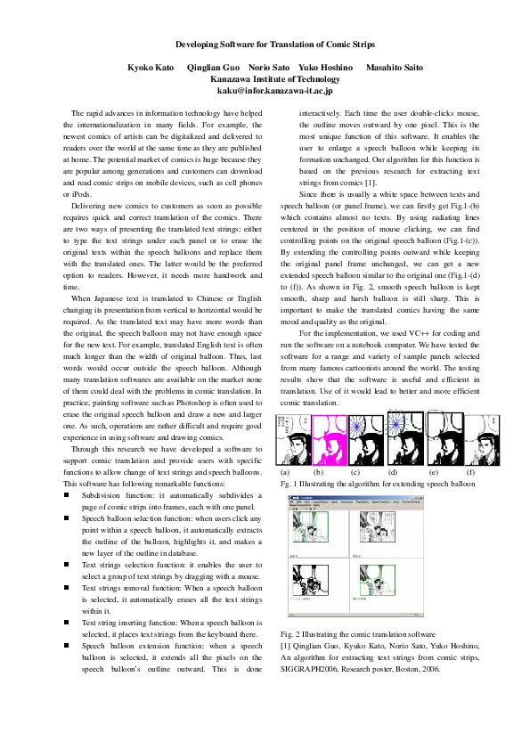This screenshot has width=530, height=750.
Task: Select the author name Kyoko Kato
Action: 151,68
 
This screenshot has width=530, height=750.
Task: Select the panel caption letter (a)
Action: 285,471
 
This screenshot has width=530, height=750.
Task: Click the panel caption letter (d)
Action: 393,471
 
